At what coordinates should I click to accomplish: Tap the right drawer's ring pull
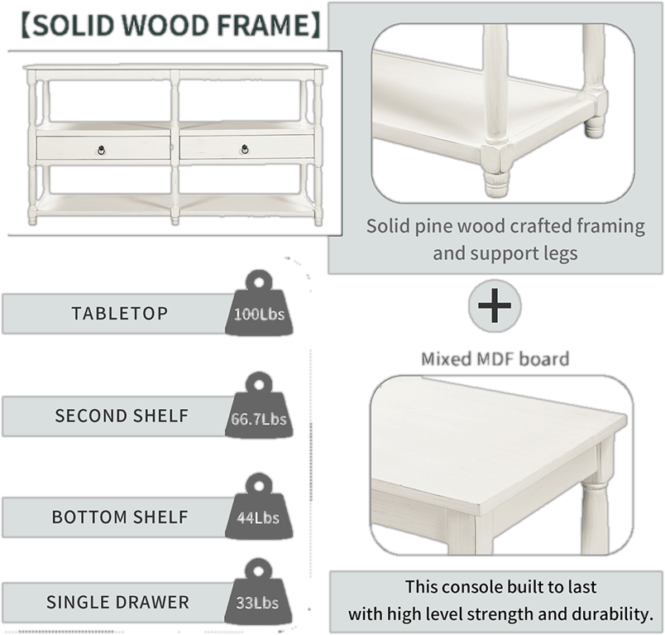[246, 149]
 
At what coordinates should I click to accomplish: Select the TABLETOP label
[119, 314]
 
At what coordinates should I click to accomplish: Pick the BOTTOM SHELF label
[120, 517]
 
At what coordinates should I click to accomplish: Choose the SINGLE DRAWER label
[117, 602]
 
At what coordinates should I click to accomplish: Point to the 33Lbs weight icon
[257, 598]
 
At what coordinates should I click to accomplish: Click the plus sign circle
[495, 306]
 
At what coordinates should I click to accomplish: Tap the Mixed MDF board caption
[495, 359]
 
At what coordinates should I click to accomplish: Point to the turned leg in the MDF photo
[591, 496]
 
